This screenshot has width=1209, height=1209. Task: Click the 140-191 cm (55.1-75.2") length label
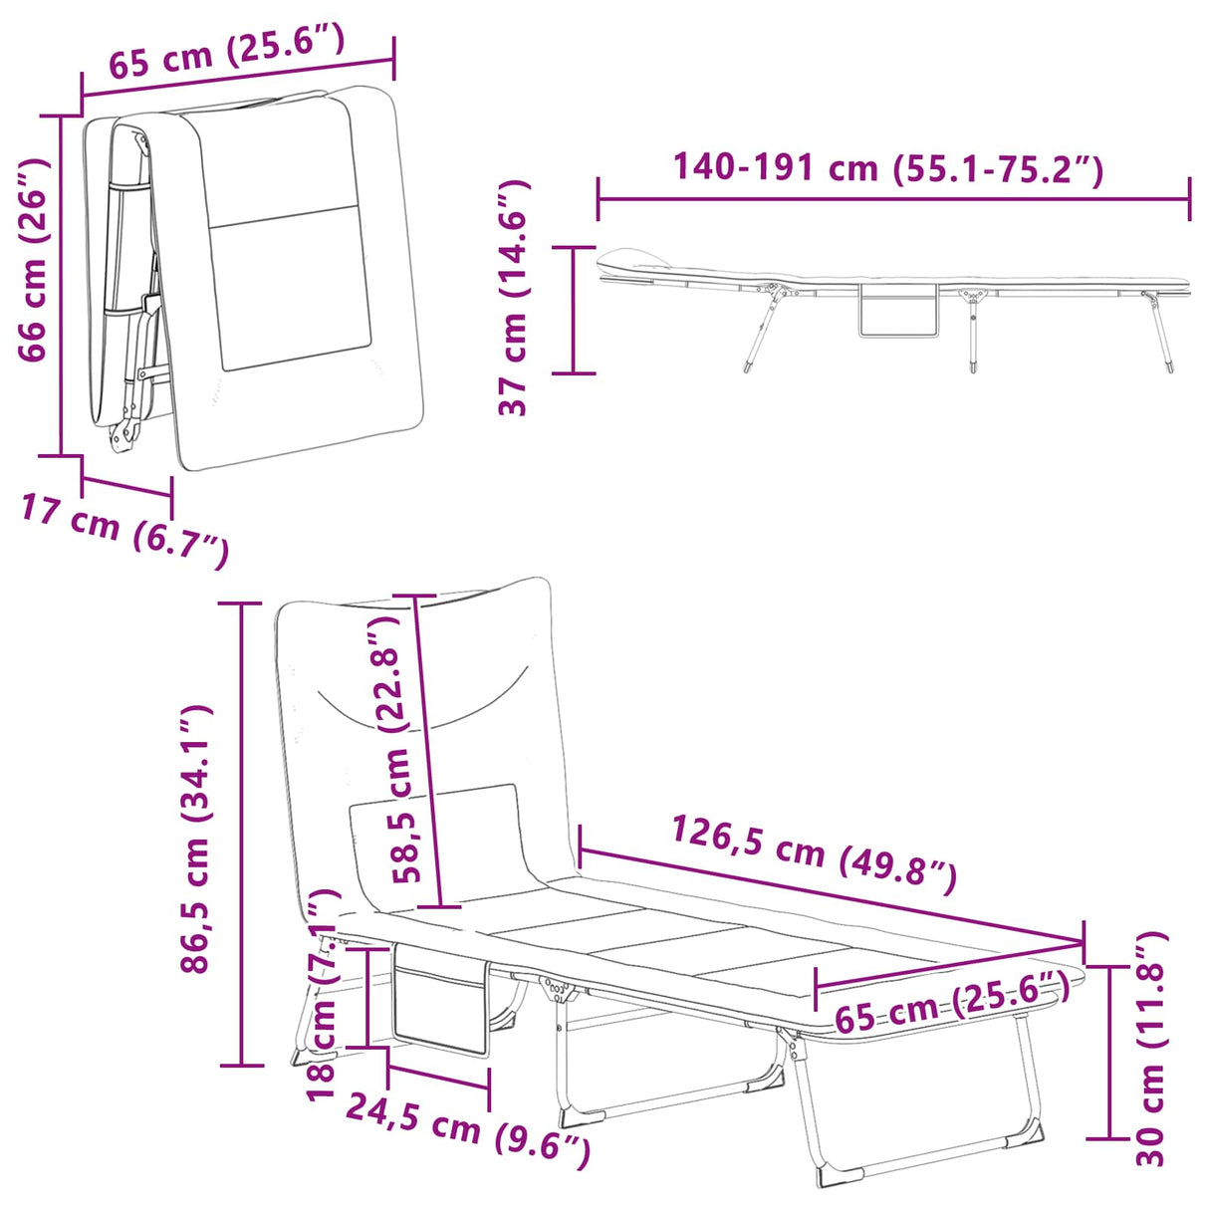point(887,168)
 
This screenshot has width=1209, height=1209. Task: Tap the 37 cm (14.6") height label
point(513,298)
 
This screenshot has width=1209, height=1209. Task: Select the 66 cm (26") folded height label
point(34,259)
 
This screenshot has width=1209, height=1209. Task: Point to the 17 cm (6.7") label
point(124,529)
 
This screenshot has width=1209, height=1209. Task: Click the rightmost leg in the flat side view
point(1158,332)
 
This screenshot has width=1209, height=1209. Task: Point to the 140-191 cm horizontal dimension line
point(893,199)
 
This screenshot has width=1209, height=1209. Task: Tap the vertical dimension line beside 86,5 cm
point(241,835)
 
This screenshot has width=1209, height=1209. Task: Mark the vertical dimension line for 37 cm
point(574,310)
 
